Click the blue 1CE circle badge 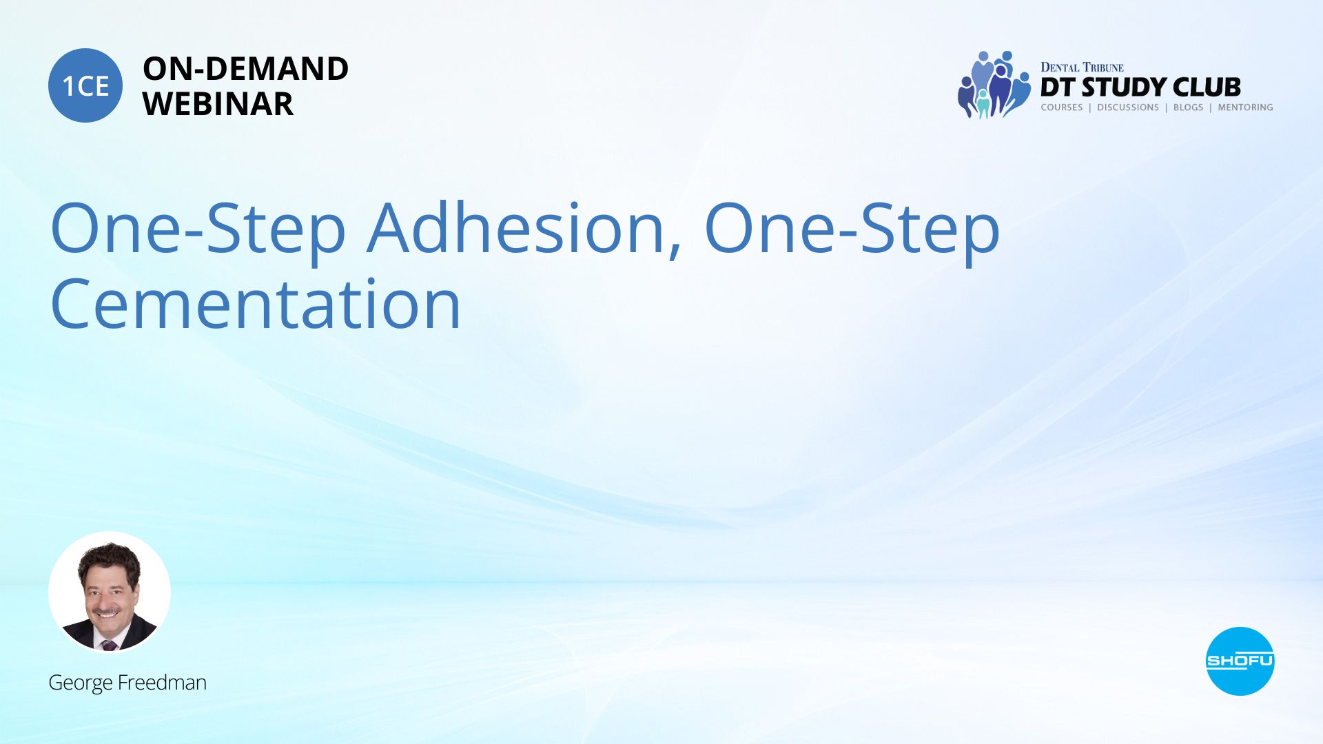[x=85, y=85]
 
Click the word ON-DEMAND [x=245, y=69]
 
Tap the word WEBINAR [x=218, y=104]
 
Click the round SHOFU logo [x=1240, y=661]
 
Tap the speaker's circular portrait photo [x=110, y=592]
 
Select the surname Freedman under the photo [x=162, y=682]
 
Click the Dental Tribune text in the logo [x=1082, y=67]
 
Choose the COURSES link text [x=1062, y=107]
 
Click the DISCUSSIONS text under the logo [x=1128, y=107]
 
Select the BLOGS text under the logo [x=1188, y=107]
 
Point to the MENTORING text [x=1245, y=107]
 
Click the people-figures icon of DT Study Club [x=994, y=85]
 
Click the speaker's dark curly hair [x=109, y=559]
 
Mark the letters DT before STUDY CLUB [x=1058, y=87]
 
